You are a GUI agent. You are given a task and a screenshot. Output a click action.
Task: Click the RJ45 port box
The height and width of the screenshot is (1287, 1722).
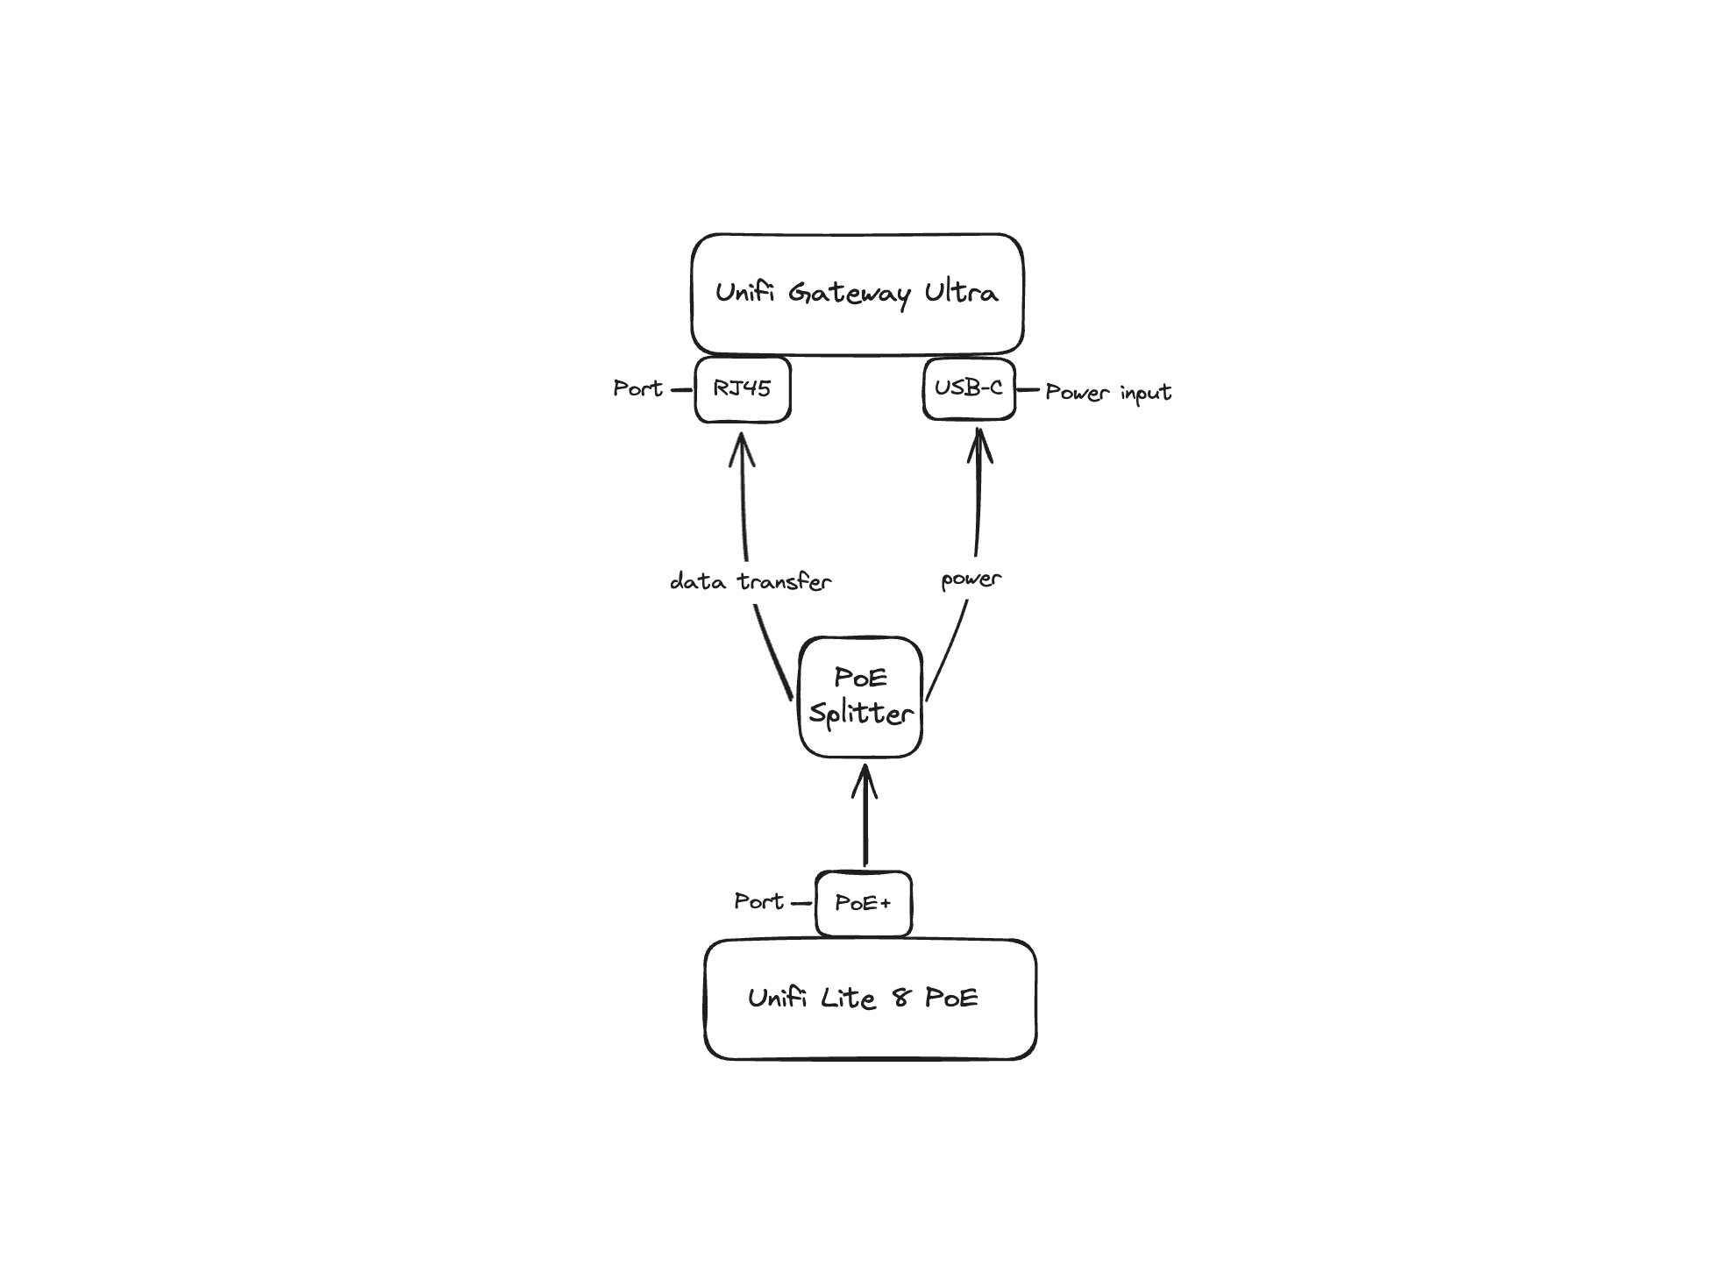(742, 388)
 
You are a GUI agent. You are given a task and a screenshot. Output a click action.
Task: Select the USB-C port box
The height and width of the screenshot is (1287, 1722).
(968, 388)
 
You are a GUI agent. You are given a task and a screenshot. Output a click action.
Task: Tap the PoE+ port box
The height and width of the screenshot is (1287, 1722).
(863, 903)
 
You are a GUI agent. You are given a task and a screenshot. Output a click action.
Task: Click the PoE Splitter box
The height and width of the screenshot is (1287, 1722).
(860, 696)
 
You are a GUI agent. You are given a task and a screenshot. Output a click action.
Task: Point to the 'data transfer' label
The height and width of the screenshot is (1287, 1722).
(750, 581)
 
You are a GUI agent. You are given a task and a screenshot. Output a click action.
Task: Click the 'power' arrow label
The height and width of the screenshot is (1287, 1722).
(971, 580)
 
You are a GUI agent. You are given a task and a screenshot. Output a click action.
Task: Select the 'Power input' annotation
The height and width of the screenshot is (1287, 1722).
(1107, 392)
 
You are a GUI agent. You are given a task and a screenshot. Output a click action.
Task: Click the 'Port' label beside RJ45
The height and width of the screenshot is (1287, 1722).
(637, 388)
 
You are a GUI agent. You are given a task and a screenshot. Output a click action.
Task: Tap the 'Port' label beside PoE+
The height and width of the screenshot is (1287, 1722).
(758, 901)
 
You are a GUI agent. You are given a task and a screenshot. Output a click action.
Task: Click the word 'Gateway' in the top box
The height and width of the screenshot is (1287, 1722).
(849, 293)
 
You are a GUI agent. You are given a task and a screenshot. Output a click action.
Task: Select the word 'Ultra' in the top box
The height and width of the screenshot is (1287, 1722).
(961, 292)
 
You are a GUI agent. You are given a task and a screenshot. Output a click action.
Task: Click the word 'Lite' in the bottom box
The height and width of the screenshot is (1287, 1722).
(847, 998)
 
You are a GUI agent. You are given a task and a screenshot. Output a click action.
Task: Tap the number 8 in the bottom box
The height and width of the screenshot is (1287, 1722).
(900, 998)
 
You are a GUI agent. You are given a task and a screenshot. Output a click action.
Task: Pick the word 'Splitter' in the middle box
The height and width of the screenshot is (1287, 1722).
(860, 714)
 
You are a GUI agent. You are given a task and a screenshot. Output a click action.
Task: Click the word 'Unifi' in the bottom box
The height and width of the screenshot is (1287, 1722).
(777, 998)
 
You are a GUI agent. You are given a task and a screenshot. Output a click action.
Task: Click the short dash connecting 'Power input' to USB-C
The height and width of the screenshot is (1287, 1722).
(1028, 389)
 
